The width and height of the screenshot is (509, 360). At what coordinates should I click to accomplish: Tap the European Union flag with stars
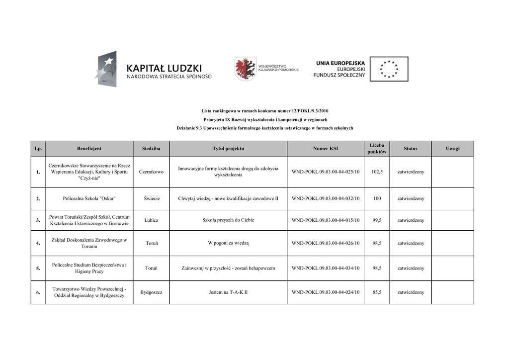[x=388, y=69]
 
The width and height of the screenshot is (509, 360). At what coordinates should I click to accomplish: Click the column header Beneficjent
[x=89, y=149]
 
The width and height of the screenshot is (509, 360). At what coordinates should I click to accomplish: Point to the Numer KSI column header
[x=326, y=149]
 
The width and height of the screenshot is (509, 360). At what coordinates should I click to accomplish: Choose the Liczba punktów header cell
[x=377, y=149]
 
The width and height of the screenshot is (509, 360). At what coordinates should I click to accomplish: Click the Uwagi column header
[x=452, y=149]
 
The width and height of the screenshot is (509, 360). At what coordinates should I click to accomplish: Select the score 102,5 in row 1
[x=377, y=172]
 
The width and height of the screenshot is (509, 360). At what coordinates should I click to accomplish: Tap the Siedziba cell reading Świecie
[x=152, y=198]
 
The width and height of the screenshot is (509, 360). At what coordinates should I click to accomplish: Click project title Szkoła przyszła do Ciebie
[x=228, y=220]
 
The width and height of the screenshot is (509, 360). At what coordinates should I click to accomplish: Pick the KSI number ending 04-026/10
[x=326, y=243]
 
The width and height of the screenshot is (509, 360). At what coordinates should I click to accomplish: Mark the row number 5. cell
[x=38, y=269]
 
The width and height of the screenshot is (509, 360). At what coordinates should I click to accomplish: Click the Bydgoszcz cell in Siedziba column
[x=152, y=292]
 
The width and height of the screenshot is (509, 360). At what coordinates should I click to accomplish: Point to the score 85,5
[x=377, y=292]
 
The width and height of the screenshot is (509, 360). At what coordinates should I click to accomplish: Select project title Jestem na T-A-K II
[x=228, y=292]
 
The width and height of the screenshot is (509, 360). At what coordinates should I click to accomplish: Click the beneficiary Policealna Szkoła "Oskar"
[x=89, y=198]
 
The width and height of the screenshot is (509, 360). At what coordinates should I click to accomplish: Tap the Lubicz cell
[x=152, y=220]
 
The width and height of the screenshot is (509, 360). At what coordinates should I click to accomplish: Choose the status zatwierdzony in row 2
[x=411, y=198]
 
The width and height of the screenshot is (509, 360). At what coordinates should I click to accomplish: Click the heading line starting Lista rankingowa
[x=265, y=111]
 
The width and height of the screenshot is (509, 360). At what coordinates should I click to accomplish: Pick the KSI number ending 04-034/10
[x=326, y=269]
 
